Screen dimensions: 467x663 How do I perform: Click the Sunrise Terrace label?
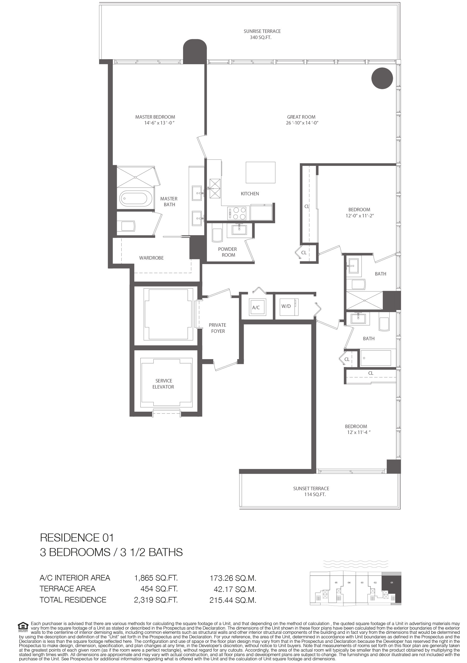click(262, 31)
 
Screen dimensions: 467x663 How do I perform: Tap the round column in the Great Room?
click(382, 78)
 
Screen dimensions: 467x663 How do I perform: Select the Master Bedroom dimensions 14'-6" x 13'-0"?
click(160, 123)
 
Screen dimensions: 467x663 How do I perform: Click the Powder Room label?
click(228, 252)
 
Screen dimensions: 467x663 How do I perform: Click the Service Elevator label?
click(163, 384)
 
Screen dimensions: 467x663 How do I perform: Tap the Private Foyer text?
click(218, 328)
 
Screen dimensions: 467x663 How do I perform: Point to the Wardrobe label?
click(151, 258)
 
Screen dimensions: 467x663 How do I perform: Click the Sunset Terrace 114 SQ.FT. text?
click(311, 492)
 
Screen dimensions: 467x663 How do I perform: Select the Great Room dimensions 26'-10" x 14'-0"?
click(301, 123)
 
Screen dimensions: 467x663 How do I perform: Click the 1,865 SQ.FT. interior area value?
click(156, 578)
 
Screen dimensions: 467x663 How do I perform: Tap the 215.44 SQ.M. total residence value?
click(233, 600)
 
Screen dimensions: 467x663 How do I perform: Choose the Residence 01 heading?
click(77, 538)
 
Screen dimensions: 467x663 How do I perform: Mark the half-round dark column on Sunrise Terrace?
click(195, 51)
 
